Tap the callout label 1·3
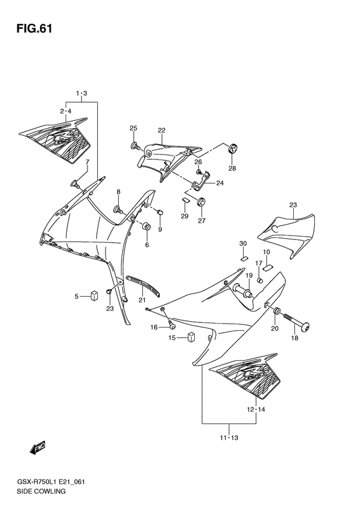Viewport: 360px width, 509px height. point(82,95)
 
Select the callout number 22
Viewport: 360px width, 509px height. point(161,131)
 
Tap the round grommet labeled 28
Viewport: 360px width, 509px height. point(233,149)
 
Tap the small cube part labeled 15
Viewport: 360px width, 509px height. point(191,337)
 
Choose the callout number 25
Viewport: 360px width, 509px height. point(134,128)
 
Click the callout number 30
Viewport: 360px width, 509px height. point(243,243)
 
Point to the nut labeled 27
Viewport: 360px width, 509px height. point(201,203)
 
